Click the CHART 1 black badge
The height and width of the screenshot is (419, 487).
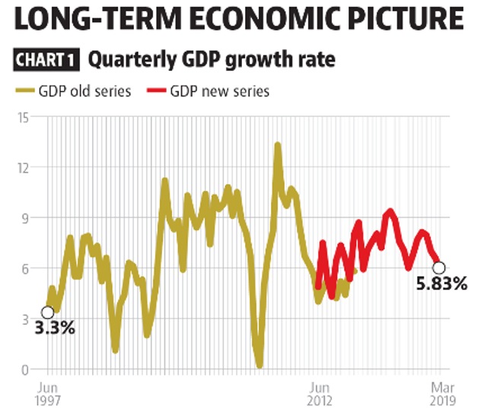point(46,59)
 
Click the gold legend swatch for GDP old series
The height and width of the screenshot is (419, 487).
point(25,90)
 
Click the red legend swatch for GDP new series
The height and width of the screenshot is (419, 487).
point(157,90)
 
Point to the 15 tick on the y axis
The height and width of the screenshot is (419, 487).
point(23,118)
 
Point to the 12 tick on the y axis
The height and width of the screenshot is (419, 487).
point(23,168)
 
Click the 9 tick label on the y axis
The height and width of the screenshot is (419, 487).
point(25,218)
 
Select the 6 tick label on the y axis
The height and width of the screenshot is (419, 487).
point(25,268)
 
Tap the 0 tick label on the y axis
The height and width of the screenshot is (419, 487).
point(25,370)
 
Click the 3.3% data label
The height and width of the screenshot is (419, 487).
point(55,328)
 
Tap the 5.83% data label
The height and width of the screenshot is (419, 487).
point(441,284)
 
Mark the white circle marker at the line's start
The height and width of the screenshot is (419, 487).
point(47,313)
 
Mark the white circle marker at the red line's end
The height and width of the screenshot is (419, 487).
point(440,267)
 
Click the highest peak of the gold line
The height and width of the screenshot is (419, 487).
point(278,144)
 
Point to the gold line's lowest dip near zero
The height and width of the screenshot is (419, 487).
point(259,367)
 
